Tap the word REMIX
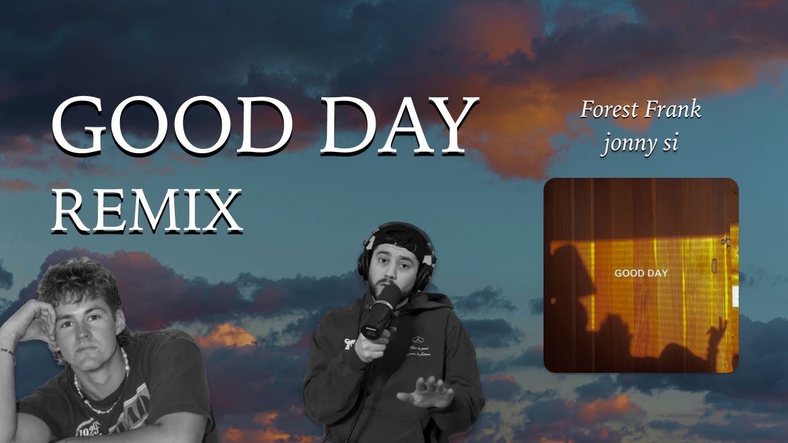pos(147,210)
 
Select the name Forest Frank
pos(640,110)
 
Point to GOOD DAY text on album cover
pos(641,273)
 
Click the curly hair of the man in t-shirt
pos(80,280)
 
